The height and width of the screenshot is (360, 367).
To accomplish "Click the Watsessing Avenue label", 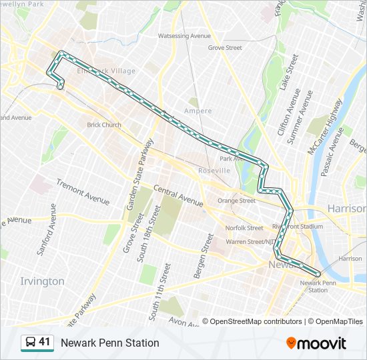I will click(x=184, y=36).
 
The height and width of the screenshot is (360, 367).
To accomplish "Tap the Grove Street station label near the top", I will click(x=224, y=48).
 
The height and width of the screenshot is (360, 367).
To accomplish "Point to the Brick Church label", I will click(x=104, y=125).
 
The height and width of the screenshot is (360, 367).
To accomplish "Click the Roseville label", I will click(x=214, y=171).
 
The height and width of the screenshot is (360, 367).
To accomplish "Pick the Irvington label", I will click(x=42, y=281).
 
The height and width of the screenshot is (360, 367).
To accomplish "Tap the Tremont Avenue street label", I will click(x=83, y=192).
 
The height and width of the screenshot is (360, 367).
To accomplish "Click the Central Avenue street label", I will click(x=178, y=194).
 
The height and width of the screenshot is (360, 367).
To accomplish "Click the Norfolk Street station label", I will click(x=244, y=228).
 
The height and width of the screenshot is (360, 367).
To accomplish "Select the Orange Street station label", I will click(x=236, y=201).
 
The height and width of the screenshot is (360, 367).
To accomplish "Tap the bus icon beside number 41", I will click(x=30, y=343).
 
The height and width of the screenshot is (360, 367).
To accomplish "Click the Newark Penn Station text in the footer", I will click(x=110, y=343).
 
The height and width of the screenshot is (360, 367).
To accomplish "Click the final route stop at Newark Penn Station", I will click(x=318, y=274).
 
